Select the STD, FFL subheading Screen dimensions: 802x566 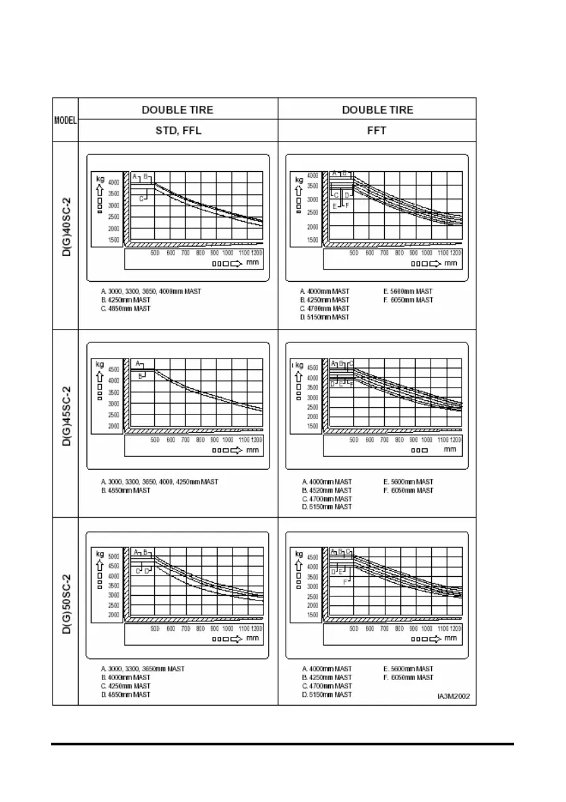pos(178,131)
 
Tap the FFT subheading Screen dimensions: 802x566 pos(377,131)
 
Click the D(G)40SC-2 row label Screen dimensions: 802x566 pos(65,235)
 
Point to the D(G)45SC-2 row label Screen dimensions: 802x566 pos(65,423)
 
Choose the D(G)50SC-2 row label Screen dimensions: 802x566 pos(65,611)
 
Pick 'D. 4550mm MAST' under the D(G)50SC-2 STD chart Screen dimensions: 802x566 pos(125,693)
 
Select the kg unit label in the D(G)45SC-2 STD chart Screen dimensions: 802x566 pos(99,363)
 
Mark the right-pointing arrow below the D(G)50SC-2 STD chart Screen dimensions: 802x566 pos(237,637)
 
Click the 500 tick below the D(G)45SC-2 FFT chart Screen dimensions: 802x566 pos(354,439)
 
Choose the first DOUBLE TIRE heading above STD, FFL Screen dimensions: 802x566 pos(178,110)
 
